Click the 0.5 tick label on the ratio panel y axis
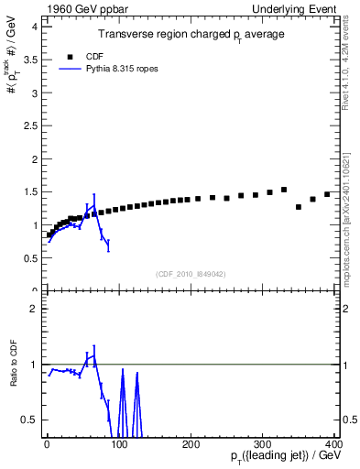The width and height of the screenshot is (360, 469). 31,420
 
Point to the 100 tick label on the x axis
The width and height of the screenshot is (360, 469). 119,444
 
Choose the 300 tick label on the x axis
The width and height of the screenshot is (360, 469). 264,444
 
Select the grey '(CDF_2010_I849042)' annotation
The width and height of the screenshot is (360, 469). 191,273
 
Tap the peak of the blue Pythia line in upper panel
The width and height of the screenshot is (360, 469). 93,204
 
